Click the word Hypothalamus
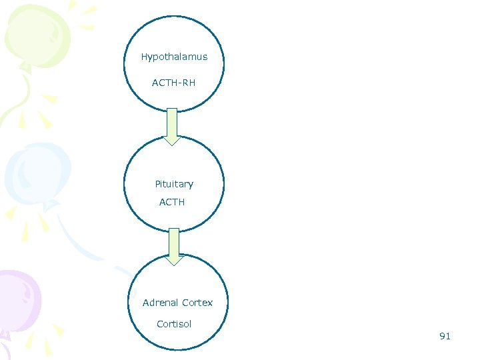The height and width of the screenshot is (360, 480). [x=174, y=57]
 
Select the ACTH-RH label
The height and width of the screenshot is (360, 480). [x=173, y=83]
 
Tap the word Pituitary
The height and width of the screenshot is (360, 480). [x=174, y=184]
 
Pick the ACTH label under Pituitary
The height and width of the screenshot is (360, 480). [x=172, y=202]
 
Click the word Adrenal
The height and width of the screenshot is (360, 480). [x=160, y=303]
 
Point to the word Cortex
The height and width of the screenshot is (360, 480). [x=197, y=303]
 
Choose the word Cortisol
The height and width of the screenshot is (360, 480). [x=174, y=324]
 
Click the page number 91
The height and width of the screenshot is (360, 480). [x=445, y=336]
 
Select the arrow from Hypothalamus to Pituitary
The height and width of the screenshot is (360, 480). [x=172, y=123]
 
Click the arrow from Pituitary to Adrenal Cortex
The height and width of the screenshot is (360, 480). [x=174, y=243]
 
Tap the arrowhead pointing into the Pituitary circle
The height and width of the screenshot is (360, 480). [x=172, y=140]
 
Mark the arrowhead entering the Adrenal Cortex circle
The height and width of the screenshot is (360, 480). [x=174, y=260]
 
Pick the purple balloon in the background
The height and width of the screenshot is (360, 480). [x=17, y=300]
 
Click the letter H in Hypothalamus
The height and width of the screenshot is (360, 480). [x=144, y=57]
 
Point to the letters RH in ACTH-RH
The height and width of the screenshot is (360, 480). [x=189, y=83]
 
